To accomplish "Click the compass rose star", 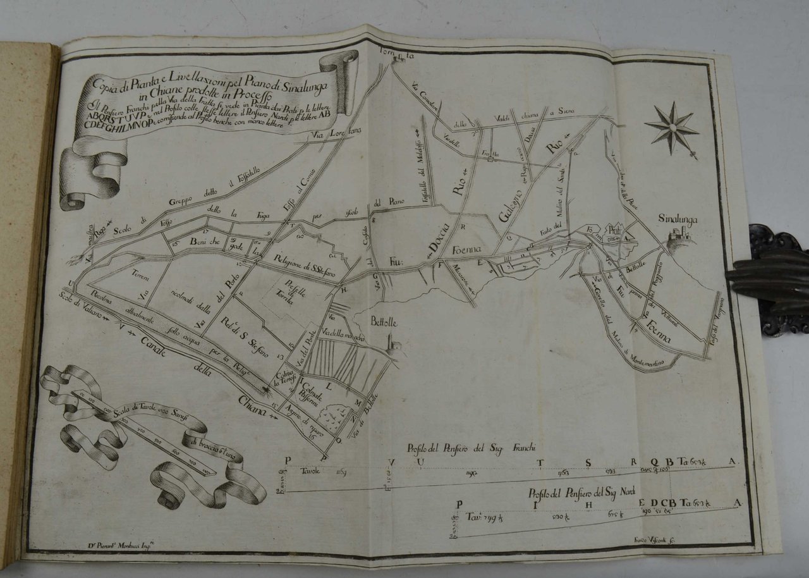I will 672,128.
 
